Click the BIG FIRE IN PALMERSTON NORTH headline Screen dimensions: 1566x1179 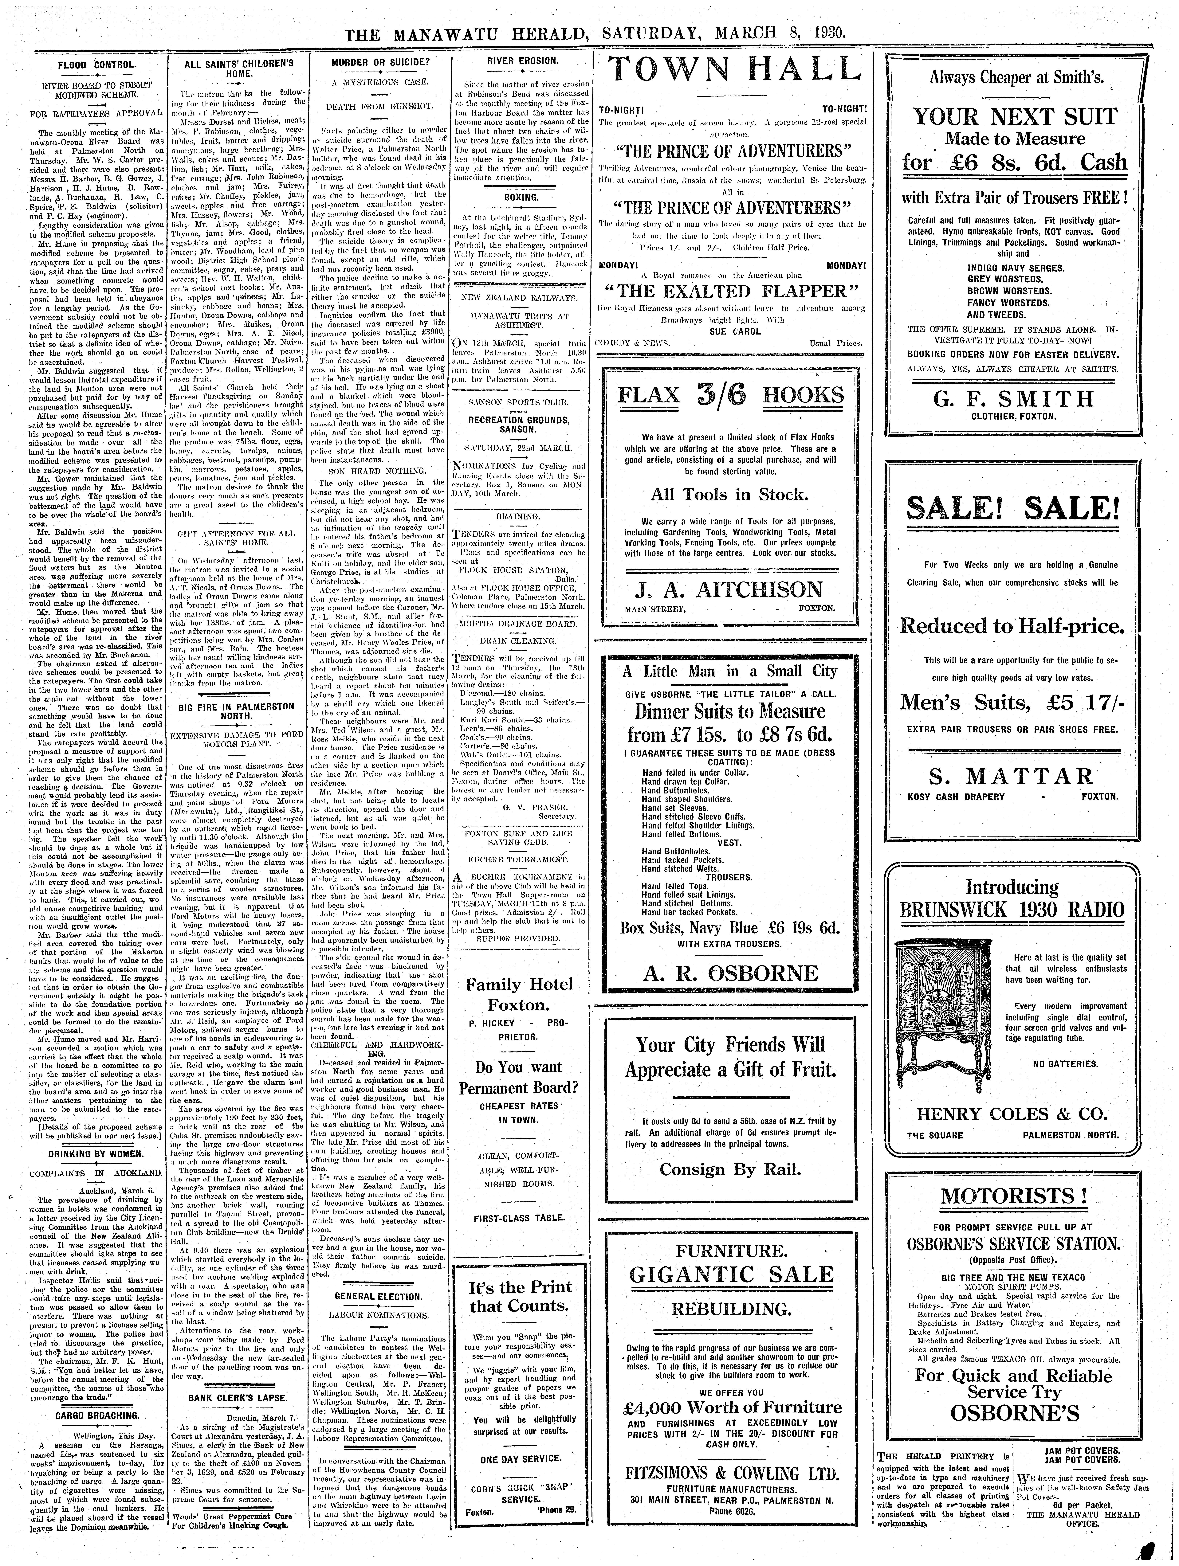tap(236, 711)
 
